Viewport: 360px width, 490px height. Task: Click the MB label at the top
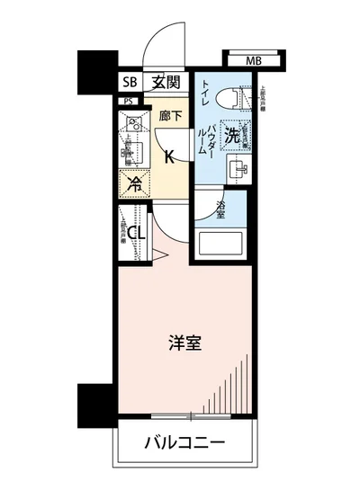[x=255, y=60]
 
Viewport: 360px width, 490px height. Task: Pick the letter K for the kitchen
[x=168, y=155]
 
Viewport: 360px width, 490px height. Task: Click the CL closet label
[x=138, y=236]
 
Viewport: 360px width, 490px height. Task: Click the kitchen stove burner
[x=132, y=125]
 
